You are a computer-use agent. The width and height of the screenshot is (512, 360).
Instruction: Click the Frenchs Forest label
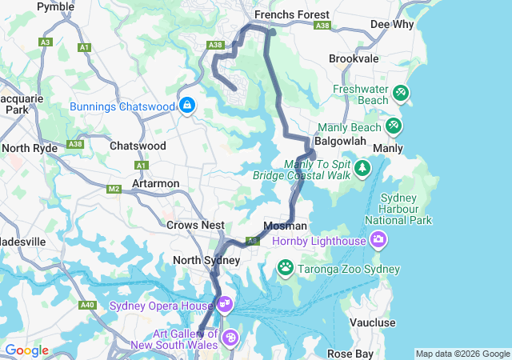tap(291, 14)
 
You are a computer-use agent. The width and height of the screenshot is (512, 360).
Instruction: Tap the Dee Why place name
tap(391, 24)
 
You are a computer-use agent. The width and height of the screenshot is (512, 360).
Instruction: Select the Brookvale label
tap(354, 59)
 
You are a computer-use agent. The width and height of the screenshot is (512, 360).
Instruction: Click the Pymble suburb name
tap(56, 6)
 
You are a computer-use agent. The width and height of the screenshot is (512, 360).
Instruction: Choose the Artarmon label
tap(156, 183)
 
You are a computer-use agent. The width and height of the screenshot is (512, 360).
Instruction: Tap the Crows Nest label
tap(195, 226)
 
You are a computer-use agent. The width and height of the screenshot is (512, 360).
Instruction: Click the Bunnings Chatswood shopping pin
tap(187, 105)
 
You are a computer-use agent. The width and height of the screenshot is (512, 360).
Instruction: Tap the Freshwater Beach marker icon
tap(401, 94)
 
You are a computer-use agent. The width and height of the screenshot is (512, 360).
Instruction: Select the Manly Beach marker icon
tap(393, 126)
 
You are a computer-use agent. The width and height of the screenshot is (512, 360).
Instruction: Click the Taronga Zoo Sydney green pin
tap(285, 266)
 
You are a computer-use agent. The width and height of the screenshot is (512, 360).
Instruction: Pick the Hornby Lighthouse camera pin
tap(378, 238)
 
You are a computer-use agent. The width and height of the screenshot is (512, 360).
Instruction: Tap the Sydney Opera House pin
tap(224, 304)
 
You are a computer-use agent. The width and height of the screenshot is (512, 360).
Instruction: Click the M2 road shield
tap(114, 190)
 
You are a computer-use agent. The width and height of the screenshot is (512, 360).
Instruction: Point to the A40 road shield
tap(87, 304)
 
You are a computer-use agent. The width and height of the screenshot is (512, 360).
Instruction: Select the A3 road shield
tap(46, 42)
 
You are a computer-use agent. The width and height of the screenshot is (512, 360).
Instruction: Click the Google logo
tap(26, 350)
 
